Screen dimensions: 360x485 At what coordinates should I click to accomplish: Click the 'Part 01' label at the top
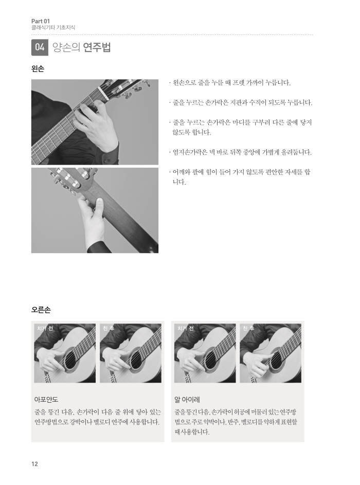pyautogui.click(x=41, y=21)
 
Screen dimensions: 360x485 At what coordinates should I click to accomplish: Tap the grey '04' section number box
pyautogui.click(x=40, y=47)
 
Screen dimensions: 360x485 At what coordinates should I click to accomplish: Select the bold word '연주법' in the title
pyautogui.click(x=97, y=47)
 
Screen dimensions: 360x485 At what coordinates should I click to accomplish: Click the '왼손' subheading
pyautogui.click(x=38, y=69)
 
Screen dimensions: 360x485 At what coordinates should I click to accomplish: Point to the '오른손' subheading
pyautogui.click(x=41, y=310)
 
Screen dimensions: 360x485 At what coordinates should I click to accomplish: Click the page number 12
pyautogui.click(x=34, y=464)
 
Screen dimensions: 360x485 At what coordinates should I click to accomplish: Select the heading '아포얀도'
pyautogui.click(x=46, y=399)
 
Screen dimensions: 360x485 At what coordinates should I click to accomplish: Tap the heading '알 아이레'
pyautogui.click(x=187, y=399)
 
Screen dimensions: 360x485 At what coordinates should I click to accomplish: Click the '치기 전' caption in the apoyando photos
pyautogui.click(x=45, y=328)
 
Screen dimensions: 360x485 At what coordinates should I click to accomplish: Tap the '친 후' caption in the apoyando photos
pyautogui.click(x=108, y=328)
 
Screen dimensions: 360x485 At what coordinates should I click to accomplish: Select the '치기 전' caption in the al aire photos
pyautogui.click(x=185, y=328)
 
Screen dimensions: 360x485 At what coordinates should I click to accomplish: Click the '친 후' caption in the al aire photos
pyautogui.click(x=248, y=328)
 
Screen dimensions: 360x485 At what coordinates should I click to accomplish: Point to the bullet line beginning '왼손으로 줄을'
pyautogui.click(x=230, y=83)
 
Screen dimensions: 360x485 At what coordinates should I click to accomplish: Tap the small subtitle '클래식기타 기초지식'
pyautogui.click(x=53, y=28)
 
